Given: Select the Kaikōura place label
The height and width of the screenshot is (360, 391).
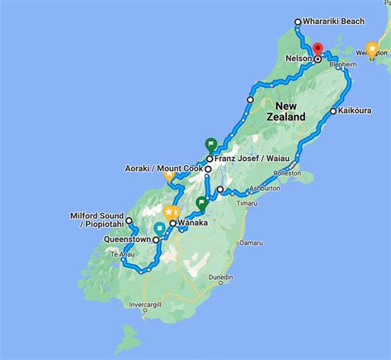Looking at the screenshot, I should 356,111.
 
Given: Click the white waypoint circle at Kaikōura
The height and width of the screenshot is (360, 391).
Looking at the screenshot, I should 332,111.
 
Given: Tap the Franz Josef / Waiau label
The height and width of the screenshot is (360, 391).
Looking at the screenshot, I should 250,159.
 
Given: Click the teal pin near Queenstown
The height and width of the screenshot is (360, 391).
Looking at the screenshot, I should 159,228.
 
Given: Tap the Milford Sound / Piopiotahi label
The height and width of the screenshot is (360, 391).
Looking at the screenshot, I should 97,220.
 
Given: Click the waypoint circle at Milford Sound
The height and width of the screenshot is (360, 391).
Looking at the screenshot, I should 130,221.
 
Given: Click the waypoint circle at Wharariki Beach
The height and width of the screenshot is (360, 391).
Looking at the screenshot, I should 298,22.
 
